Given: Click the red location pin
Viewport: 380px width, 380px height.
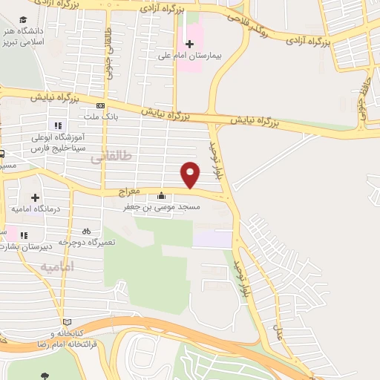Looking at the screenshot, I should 191,175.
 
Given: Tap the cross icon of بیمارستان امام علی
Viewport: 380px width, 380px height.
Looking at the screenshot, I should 189,44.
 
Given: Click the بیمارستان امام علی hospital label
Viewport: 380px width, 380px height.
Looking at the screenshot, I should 189,55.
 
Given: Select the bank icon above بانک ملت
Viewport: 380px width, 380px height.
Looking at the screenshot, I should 100,105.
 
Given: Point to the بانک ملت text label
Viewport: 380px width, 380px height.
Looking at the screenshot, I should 99,117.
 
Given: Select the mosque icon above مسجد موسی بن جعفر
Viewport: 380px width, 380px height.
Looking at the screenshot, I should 161,196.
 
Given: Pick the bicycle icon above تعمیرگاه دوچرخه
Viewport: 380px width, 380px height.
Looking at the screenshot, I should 86,231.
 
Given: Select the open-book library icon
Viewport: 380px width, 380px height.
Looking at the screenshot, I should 68,322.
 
